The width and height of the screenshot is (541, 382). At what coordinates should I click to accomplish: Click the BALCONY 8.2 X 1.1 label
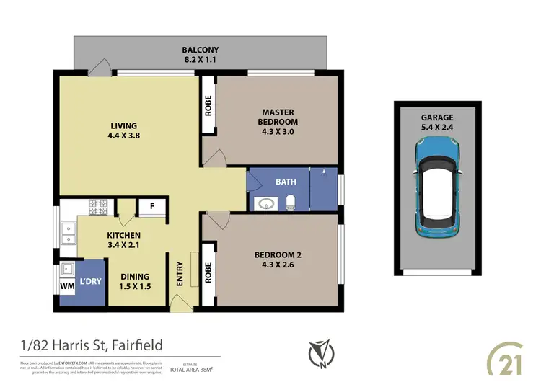[x=200, y=55]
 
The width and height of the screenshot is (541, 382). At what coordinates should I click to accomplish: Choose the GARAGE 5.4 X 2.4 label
[x=437, y=122]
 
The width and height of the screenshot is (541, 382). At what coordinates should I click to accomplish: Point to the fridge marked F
[x=151, y=205]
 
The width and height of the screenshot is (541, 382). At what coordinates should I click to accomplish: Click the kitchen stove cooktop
[x=97, y=207]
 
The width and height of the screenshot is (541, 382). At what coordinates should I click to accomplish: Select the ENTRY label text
[x=180, y=275]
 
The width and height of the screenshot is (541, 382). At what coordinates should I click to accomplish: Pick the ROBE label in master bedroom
[x=208, y=107]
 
